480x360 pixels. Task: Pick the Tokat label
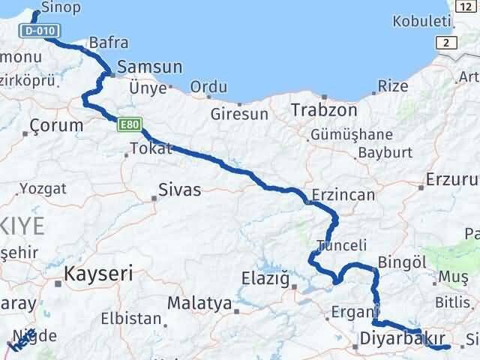[151, 148]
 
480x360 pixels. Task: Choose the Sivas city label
[180, 190]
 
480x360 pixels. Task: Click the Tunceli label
[342, 245]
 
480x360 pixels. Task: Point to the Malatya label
[199, 304]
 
